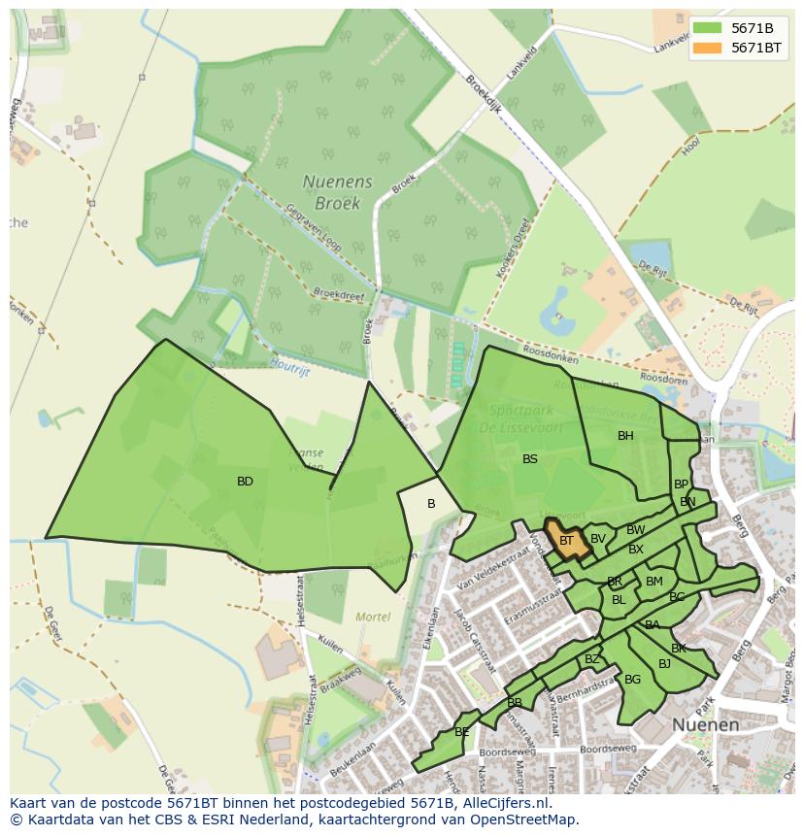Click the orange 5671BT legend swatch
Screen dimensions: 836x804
(707, 48)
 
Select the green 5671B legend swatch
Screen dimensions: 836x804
(707, 28)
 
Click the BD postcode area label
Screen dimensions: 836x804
(245, 482)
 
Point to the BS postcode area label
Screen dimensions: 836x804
(529, 459)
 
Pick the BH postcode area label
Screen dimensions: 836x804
(625, 436)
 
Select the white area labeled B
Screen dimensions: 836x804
(431, 504)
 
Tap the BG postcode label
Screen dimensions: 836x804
(632, 680)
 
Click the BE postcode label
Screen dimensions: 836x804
(461, 732)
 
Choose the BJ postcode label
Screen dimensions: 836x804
(664, 664)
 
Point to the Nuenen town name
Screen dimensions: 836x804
(705, 725)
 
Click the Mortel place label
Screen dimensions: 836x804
(373, 617)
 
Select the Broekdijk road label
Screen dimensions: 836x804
(483, 94)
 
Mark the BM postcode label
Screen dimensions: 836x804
(653, 582)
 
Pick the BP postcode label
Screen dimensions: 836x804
(681, 485)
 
